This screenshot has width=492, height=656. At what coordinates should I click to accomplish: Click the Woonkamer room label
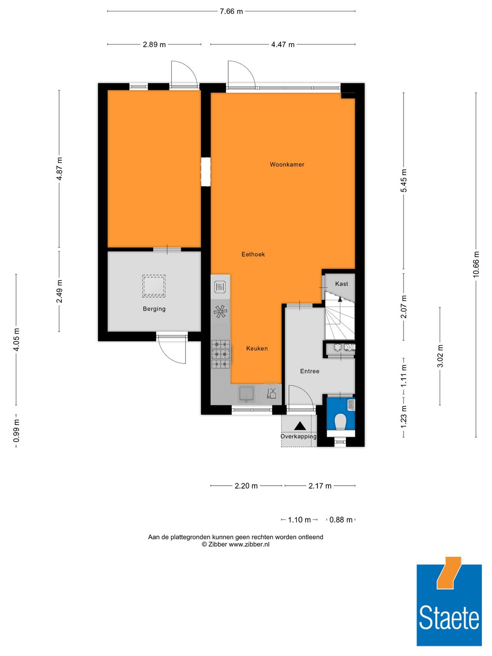[287, 164]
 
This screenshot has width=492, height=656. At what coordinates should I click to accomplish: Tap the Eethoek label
[253, 254]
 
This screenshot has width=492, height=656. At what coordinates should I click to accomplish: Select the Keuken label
[257, 348]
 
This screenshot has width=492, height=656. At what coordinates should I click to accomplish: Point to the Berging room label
[154, 309]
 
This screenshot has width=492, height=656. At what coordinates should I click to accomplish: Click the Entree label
[310, 371]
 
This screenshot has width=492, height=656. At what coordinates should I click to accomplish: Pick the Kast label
[342, 284]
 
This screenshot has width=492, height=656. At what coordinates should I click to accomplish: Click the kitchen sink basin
[246, 394]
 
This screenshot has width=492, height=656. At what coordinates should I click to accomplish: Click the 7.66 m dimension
[231, 12]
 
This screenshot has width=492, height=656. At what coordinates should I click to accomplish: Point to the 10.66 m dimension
[476, 264]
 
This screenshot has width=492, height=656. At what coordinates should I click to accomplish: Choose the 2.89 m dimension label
[154, 45]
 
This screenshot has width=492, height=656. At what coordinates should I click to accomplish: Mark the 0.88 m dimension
[341, 520]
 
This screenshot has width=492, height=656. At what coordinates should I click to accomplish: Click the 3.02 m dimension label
[440, 356]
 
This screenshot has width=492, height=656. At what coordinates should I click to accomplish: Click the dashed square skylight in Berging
[154, 286]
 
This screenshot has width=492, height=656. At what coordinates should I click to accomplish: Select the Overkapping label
[298, 436]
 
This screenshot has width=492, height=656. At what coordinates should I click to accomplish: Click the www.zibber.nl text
[249, 544]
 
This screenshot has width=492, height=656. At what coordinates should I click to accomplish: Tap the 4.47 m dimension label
[282, 45]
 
